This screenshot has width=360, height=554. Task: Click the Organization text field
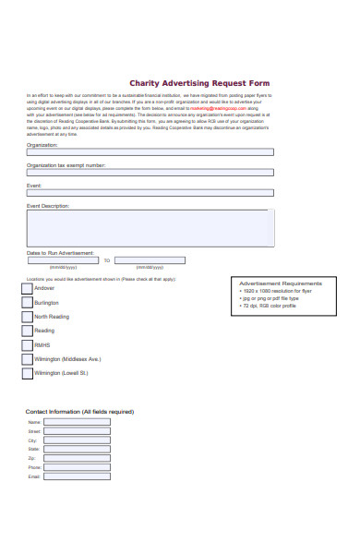(x=150, y=153)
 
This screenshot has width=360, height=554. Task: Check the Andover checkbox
(x=27, y=289)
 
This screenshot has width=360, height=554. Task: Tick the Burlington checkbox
(x=27, y=303)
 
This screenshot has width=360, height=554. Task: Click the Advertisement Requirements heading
(x=281, y=283)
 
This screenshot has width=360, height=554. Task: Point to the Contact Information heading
(x=79, y=411)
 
